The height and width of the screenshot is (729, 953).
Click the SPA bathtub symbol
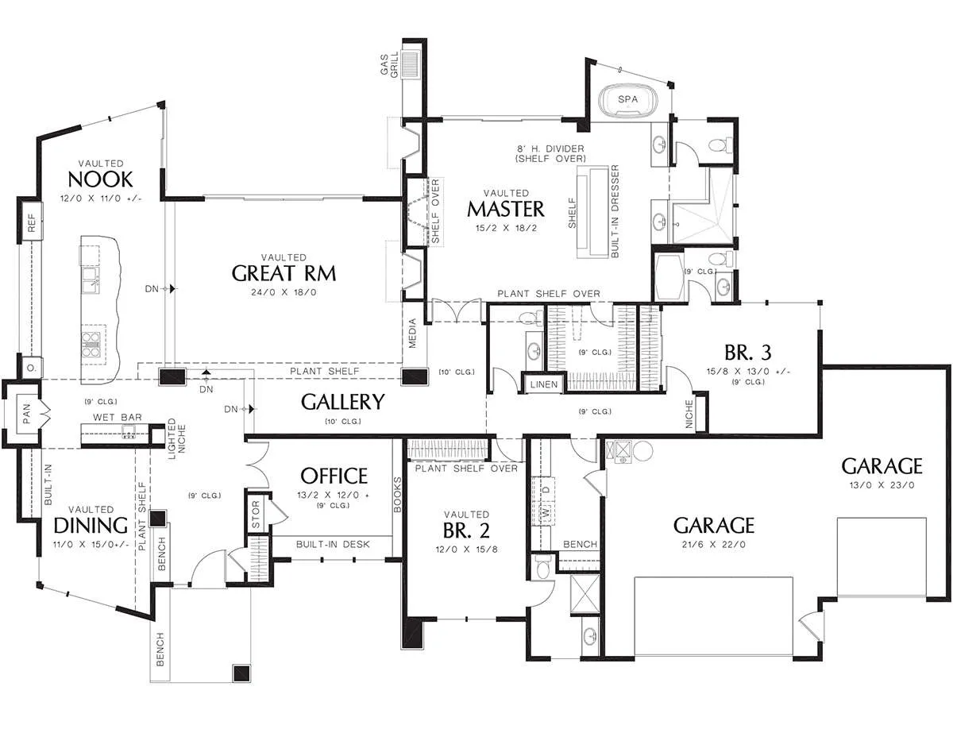[x=628, y=102]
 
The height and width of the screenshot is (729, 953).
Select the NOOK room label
[x=100, y=179]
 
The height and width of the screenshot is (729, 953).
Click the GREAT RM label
[x=284, y=273]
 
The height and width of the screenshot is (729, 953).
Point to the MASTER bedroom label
[x=506, y=210]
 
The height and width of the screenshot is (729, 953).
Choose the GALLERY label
[x=343, y=402]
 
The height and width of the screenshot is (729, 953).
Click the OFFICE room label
[x=334, y=476]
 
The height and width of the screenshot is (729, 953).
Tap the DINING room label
[x=91, y=526]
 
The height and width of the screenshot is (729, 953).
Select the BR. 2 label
[x=466, y=530]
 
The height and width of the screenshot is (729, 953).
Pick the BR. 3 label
[x=747, y=353]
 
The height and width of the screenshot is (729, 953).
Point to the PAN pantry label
[x=27, y=414]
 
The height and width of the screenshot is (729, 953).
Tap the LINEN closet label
[x=543, y=384]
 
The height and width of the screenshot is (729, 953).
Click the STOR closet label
[x=256, y=515]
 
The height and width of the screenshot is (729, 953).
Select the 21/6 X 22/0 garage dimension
[x=713, y=545]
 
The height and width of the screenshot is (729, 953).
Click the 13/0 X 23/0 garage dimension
[x=882, y=485]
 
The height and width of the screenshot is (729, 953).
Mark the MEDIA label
[x=412, y=334]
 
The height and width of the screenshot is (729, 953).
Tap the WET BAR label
[x=118, y=417]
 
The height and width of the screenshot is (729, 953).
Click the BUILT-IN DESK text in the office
[x=333, y=544]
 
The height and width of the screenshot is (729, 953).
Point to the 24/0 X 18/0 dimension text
[x=284, y=293]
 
